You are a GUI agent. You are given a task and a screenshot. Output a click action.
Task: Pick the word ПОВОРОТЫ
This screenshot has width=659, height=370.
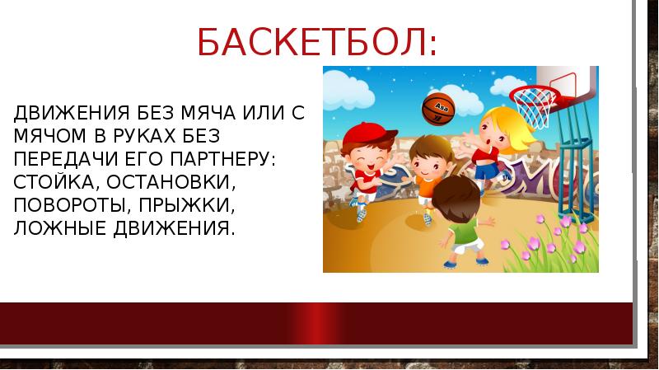point(63,204)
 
